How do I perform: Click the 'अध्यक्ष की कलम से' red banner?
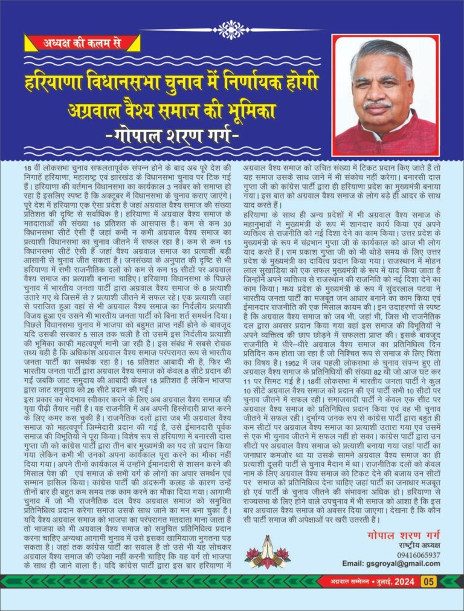point(81,43)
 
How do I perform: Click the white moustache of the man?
point(378,105)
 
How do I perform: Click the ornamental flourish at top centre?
point(231,28)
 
